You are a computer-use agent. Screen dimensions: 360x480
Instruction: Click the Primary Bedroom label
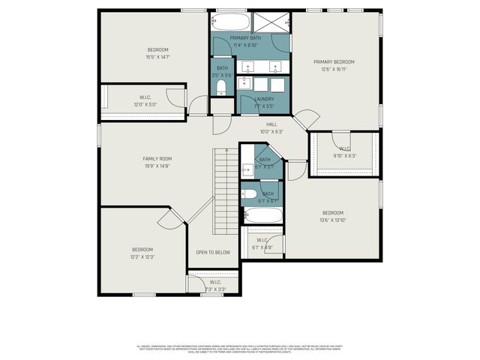click(x=334, y=61)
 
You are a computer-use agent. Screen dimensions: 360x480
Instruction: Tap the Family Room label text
click(x=157, y=159)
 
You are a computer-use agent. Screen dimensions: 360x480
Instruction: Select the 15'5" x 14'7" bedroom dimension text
click(x=157, y=57)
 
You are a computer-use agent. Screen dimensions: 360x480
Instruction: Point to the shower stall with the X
click(x=269, y=22)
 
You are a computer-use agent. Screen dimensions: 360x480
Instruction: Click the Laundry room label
click(x=264, y=99)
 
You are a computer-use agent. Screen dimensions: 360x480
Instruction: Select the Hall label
click(x=271, y=124)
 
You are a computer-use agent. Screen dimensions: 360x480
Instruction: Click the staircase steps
click(x=225, y=191)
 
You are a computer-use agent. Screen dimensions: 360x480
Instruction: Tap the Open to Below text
click(x=213, y=253)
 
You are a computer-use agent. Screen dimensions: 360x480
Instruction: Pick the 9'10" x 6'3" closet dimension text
click(x=345, y=156)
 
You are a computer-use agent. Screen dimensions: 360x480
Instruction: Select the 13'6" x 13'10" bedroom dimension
click(x=332, y=220)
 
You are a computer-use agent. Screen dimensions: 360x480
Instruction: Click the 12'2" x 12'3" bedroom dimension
click(x=142, y=256)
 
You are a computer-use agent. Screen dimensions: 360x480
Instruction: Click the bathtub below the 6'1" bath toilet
click(x=263, y=217)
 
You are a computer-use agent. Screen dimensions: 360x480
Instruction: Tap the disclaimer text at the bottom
click(x=241, y=349)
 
